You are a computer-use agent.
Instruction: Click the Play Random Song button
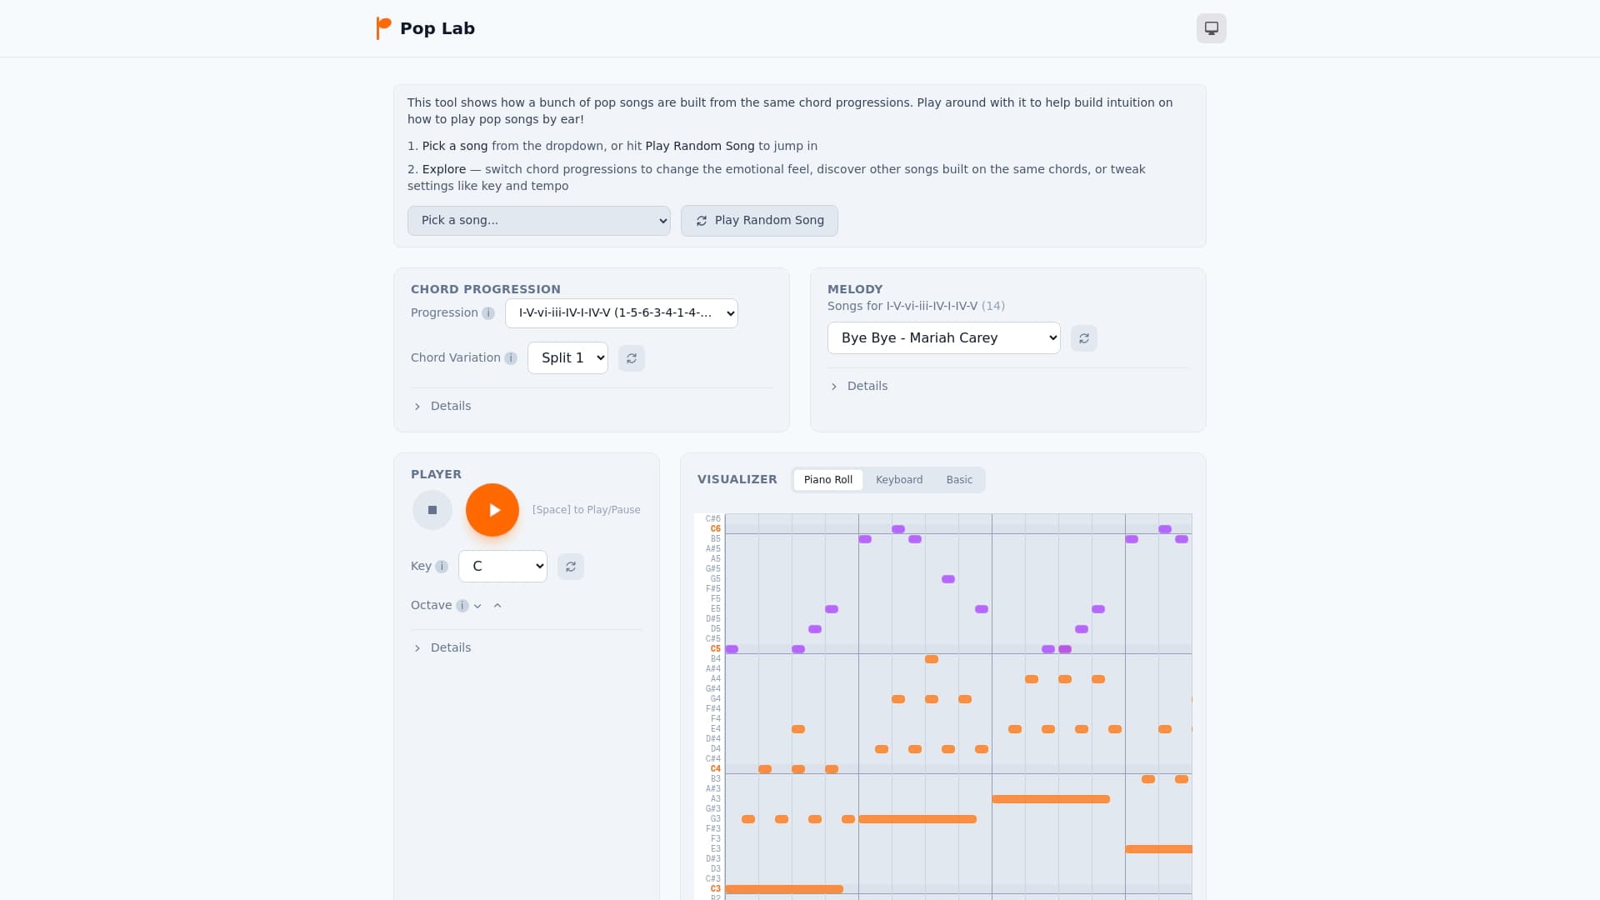click(x=759, y=221)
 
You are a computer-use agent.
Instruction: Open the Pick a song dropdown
click(x=538, y=221)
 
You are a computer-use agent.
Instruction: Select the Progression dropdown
click(x=621, y=313)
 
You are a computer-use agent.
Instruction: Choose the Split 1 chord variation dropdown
click(x=567, y=358)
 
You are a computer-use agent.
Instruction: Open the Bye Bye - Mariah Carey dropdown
click(x=943, y=338)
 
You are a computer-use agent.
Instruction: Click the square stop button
click(x=432, y=510)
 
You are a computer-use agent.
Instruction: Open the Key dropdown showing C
click(x=502, y=567)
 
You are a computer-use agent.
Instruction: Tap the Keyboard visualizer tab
click(x=898, y=480)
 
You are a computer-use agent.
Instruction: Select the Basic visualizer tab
click(x=958, y=480)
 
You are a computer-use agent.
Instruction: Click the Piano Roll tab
click(x=827, y=480)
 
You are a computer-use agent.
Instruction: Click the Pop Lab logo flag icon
click(x=383, y=28)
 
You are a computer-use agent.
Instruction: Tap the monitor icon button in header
click(x=1211, y=28)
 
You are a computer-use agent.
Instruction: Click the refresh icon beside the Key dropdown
click(x=571, y=567)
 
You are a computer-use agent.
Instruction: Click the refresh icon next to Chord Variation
click(x=632, y=358)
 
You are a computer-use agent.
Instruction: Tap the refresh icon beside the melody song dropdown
click(x=1083, y=338)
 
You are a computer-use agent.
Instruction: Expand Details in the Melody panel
click(x=867, y=387)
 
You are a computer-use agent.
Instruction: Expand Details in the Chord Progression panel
click(x=450, y=407)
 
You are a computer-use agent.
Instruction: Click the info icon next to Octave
click(x=462, y=606)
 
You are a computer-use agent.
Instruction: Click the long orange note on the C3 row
click(x=783, y=889)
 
